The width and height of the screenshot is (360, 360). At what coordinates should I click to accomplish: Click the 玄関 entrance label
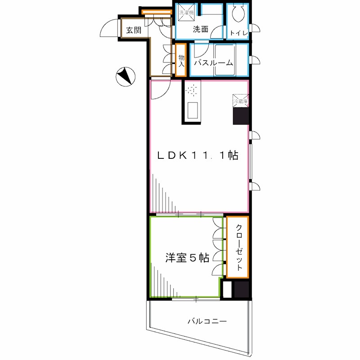[134, 30]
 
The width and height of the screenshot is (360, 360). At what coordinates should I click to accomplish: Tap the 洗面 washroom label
[200, 30]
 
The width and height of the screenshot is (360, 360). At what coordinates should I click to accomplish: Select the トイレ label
[236, 33]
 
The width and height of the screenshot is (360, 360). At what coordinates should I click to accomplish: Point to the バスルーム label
[213, 63]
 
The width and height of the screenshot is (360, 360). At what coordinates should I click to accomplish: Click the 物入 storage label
[181, 60]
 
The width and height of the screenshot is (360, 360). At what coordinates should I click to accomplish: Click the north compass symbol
[124, 76]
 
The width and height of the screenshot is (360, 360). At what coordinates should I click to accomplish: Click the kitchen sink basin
[193, 110]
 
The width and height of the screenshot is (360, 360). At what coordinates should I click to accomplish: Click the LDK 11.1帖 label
[197, 156]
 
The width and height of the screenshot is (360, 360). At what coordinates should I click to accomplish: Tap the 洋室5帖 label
[186, 258]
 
